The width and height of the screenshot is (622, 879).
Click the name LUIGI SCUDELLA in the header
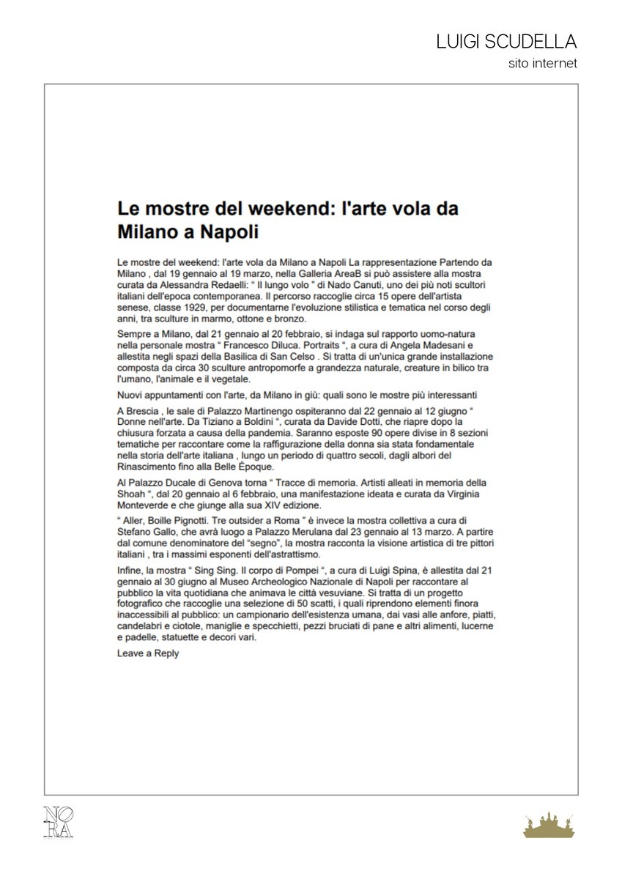506,42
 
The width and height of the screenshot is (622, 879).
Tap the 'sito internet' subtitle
543,64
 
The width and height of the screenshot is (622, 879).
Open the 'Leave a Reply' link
148,654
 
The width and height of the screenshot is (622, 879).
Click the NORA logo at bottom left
59,821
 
